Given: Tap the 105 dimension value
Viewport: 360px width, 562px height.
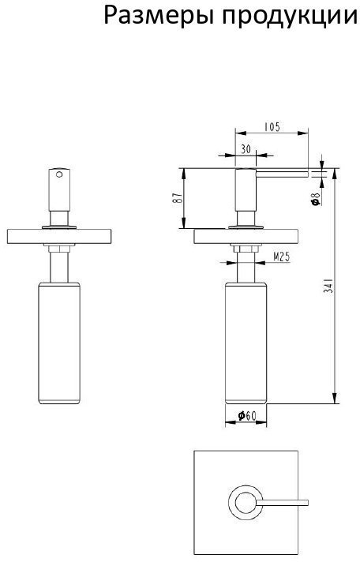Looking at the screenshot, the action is (272, 127).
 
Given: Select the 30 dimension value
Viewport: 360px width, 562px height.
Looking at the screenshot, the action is (246, 149).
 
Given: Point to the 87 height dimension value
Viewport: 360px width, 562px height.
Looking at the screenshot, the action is (178, 197).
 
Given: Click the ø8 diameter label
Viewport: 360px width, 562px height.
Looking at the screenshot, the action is (316, 199).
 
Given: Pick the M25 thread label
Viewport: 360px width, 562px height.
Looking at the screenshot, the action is (282, 257).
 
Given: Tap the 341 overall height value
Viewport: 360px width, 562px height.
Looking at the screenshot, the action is (328, 286).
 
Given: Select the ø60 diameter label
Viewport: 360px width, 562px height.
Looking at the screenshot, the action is (247, 416).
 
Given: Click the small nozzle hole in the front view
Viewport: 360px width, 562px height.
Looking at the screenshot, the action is (59, 174).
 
